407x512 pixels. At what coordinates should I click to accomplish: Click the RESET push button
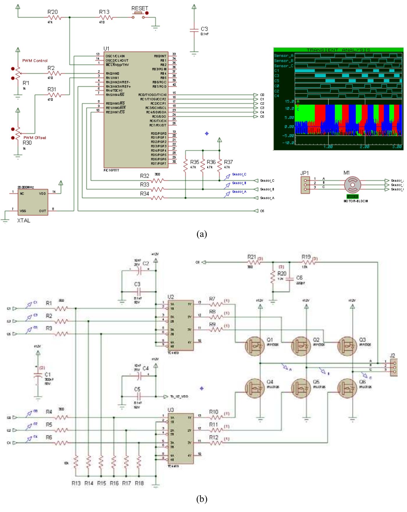[139, 15]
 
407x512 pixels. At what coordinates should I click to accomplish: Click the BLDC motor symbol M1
[352, 185]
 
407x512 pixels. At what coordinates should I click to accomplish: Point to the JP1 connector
[305, 185]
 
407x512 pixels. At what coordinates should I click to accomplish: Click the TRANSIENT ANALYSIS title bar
[338, 50]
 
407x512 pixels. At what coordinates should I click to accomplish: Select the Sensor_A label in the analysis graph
[284, 55]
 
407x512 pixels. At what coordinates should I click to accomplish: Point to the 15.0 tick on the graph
[289, 101]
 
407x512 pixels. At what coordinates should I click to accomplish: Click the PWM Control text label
[35, 61]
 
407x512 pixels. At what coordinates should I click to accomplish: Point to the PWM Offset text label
[35, 138]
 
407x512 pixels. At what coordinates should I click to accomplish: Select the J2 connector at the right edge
[394, 367]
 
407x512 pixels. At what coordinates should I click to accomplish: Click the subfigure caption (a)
[202, 234]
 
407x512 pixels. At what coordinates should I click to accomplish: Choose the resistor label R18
[139, 483]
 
